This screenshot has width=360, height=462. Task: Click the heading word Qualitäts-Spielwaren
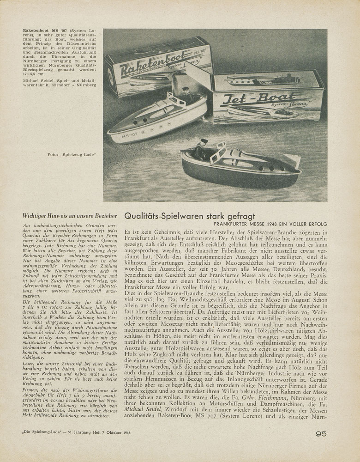pos(168,216)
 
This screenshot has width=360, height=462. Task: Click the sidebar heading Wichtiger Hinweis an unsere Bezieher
pos(69,215)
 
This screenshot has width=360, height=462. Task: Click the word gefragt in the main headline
pos(236,216)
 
